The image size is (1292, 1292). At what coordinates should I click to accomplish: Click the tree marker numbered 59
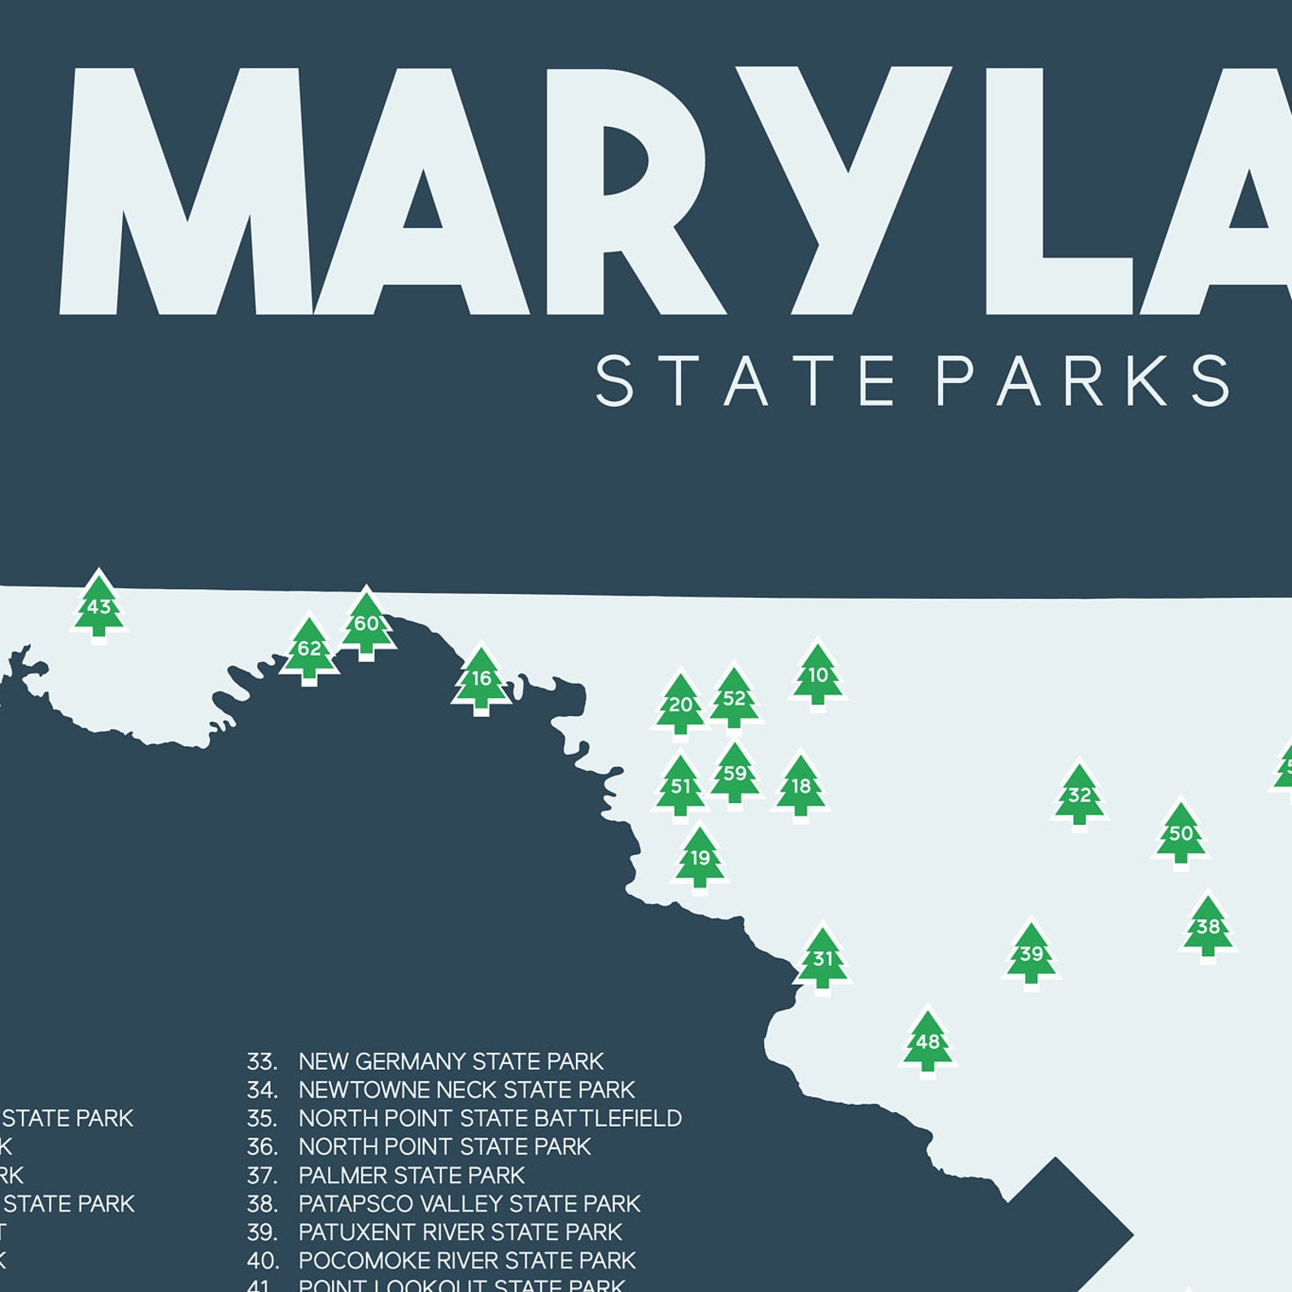[735, 774]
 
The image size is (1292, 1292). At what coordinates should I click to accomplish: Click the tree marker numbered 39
[1032, 954]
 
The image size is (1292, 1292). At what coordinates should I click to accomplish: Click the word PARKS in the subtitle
[1084, 380]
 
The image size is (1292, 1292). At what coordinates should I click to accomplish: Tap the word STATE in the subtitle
[745, 380]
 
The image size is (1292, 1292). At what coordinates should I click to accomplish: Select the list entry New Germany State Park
[451, 1062]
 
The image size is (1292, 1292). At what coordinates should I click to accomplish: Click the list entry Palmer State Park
[412, 1176]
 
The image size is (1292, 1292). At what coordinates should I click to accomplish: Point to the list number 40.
[263, 1261]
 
